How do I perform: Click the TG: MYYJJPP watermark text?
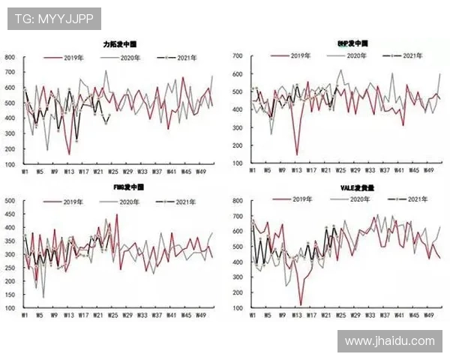54,19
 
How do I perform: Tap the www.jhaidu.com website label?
389,340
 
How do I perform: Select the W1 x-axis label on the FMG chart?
25,316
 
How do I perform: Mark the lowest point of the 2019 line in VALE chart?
301,304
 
